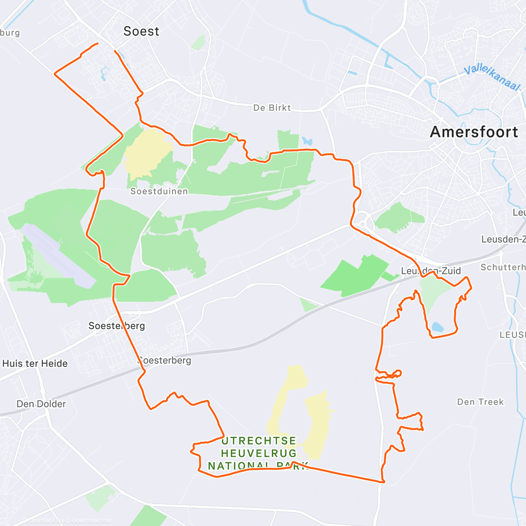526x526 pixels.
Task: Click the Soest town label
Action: coord(141,31)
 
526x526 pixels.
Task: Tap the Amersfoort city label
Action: coord(474,132)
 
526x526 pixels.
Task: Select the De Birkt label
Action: coord(272,108)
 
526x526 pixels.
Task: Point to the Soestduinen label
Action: coord(159,192)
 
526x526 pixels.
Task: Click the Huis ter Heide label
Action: coord(35,363)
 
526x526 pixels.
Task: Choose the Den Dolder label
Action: coord(41,404)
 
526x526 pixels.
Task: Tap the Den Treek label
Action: coord(480,402)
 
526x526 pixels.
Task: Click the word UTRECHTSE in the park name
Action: coord(259,441)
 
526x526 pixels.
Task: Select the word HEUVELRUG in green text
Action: coord(259,453)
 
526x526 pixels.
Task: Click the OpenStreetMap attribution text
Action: coord(92,520)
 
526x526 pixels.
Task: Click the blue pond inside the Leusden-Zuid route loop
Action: coord(437,327)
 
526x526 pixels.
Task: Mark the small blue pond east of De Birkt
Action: coord(307,141)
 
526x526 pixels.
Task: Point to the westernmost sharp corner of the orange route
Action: coord(55,74)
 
